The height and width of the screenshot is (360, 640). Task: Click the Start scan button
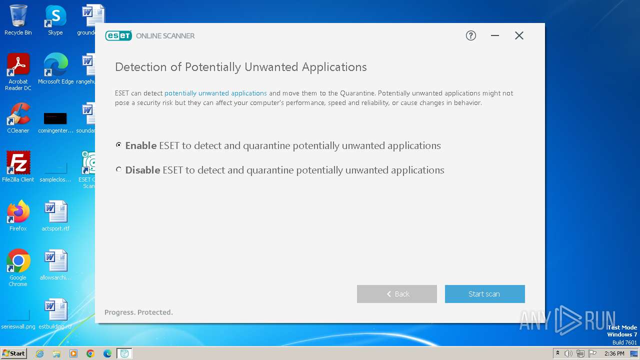tap(484, 294)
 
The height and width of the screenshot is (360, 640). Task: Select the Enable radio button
tap(118, 145)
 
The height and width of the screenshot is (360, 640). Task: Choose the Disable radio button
tap(118, 169)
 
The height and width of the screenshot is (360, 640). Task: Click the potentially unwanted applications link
tap(215, 93)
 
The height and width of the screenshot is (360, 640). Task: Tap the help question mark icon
tap(470, 35)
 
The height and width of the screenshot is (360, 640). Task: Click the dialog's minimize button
tap(495, 35)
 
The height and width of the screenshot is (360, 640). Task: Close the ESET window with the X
tap(519, 35)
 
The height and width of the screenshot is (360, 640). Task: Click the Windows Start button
tap(13, 353)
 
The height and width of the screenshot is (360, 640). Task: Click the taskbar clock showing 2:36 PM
tap(614, 353)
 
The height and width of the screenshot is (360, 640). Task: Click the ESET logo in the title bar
tap(118, 35)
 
